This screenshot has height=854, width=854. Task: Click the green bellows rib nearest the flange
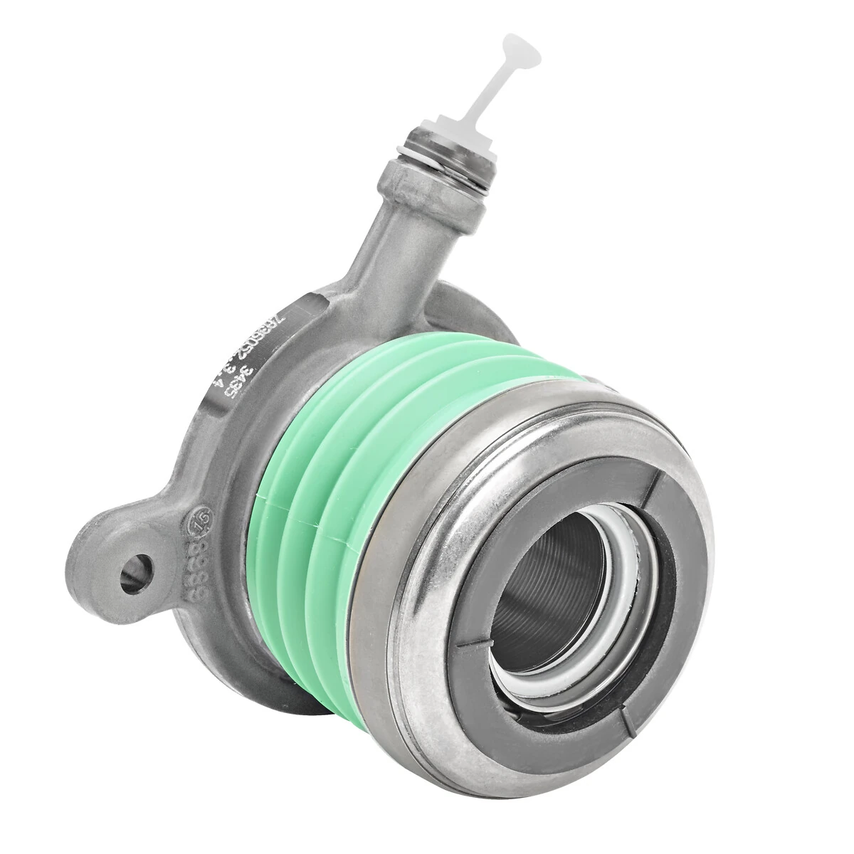point(285,498)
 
